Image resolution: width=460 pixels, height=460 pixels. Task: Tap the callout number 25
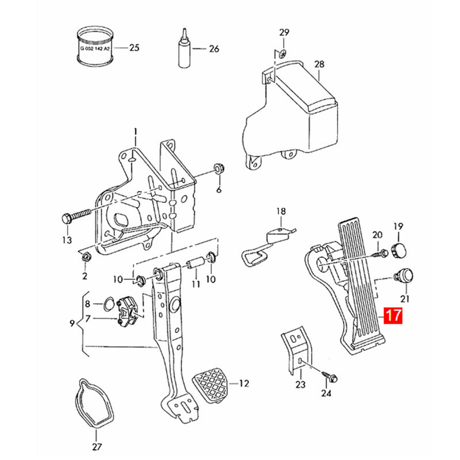coord(134,48)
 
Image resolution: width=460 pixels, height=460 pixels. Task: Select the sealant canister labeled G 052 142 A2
coord(95,47)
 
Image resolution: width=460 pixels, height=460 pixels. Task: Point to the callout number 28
coord(320,64)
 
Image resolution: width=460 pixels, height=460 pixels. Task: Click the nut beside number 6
coord(218,169)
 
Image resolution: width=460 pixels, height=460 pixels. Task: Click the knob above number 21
coord(405,275)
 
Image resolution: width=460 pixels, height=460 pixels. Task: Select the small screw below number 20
coord(379,251)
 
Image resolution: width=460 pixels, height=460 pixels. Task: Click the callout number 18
coord(280,212)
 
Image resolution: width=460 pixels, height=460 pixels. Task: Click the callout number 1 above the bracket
coord(136,132)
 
